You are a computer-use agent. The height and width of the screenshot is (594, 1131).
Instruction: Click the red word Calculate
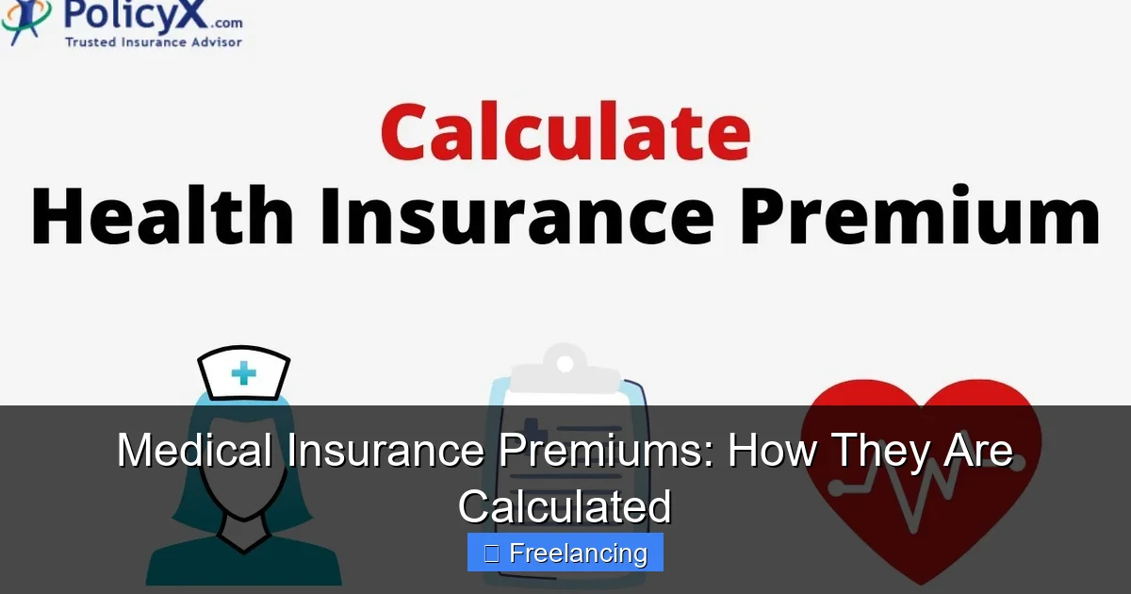click(565, 132)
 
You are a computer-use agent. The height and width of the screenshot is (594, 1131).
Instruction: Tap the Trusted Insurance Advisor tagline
click(153, 41)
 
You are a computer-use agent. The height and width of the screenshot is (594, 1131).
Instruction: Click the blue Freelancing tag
click(565, 553)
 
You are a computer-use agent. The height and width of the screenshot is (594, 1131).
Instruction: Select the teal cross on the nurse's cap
click(243, 373)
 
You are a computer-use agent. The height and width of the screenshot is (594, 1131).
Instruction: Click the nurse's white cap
click(243, 372)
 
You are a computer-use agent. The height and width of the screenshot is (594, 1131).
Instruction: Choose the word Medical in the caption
click(196, 451)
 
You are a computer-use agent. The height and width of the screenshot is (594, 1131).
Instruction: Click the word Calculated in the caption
click(565, 506)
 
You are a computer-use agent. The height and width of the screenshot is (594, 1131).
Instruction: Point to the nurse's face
click(243, 471)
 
